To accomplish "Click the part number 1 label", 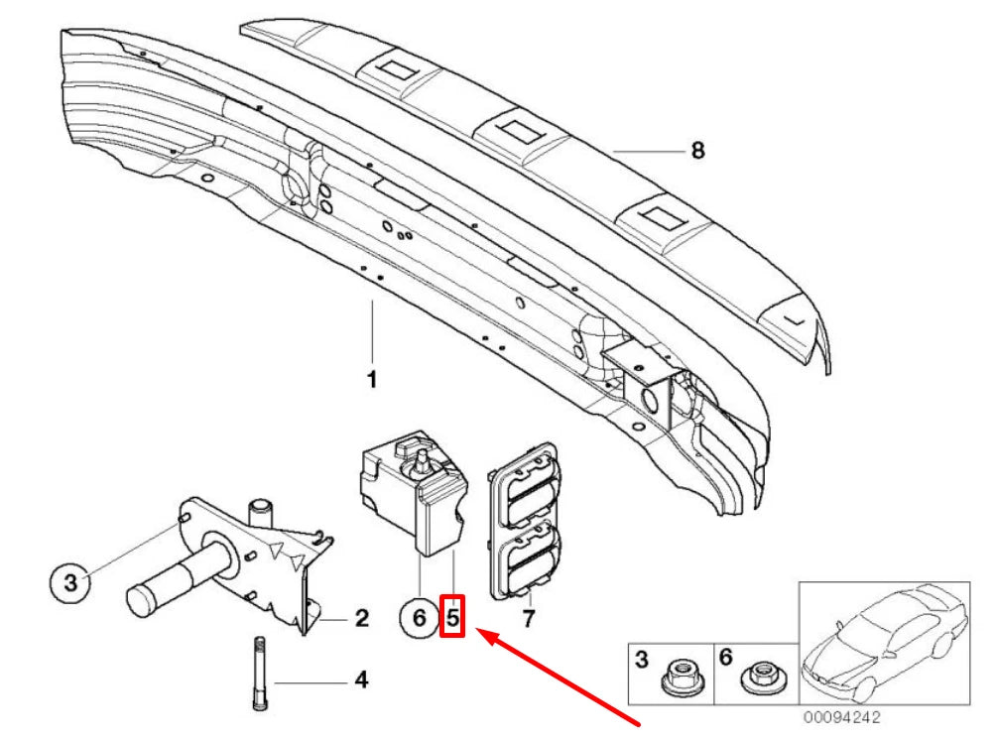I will [372, 380].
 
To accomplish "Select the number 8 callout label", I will [697, 151].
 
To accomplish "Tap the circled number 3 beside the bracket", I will [69, 583].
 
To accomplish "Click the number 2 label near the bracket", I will [361, 619].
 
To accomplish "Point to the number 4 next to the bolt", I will [361, 680].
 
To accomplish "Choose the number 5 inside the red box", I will [451, 619].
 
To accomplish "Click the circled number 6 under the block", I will [419, 619].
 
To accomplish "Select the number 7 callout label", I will [528, 621].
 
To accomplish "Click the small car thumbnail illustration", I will [883, 645].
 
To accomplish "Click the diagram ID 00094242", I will [841, 717].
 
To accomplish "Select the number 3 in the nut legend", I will [641, 658].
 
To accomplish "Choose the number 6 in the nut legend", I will [725, 658].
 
